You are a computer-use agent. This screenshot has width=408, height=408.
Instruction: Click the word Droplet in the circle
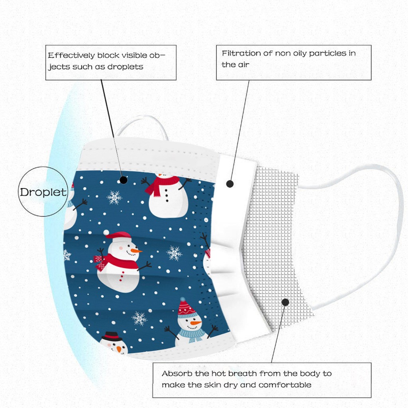pyautogui.click(x=43, y=192)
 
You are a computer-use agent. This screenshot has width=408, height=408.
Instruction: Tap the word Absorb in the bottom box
pyautogui.click(x=177, y=374)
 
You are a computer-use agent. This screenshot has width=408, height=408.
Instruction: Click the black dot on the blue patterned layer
pyautogui.click(x=124, y=180)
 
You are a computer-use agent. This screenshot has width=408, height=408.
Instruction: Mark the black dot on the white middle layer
pyautogui.click(x=230, y=184)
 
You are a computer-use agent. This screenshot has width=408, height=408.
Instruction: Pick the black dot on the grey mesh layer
pyautogui.click(x=285, y=302)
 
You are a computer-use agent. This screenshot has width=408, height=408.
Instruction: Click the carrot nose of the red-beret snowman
pyautogui.click(x=136, y=251)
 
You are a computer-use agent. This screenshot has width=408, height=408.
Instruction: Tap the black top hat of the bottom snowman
pyautogui.click(x=112, y=336)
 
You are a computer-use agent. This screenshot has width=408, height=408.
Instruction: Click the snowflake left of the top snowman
pyautogui.click(x=114, y=198)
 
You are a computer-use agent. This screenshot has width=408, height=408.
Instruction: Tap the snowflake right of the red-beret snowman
pyautogui.click(x=175, y=253)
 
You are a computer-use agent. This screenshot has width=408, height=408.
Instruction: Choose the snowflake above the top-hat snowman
pyautogui.click(x=139, y=318)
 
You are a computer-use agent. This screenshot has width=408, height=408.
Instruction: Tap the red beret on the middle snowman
pyautogui.click(x=118, y=235)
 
